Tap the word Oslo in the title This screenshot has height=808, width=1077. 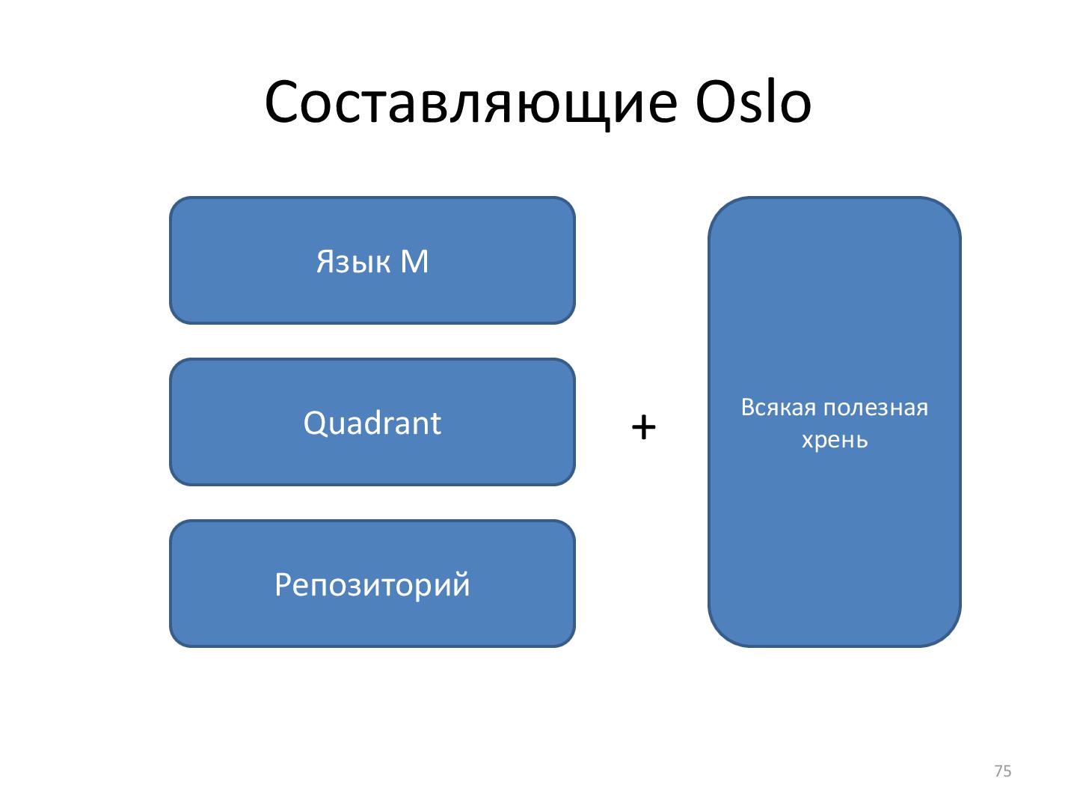753,102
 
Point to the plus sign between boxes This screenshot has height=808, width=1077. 643,428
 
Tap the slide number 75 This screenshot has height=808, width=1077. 1003,771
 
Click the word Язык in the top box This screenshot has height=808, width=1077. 353,262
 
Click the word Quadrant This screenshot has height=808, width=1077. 372,423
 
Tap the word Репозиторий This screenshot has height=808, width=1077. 372,585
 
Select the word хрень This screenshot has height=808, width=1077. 835,439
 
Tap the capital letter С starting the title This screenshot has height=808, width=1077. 283,103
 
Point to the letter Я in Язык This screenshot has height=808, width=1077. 324,262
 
